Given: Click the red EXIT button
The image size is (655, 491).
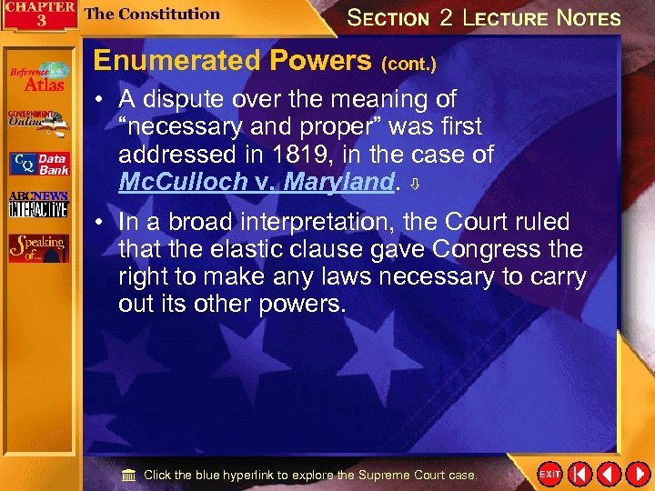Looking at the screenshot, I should coord(549,475).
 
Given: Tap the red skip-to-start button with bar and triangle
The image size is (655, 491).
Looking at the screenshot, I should coord(579,475).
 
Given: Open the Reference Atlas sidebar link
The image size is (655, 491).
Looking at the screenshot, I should coord(38,78).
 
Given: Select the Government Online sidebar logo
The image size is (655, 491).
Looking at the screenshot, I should coord(38,121).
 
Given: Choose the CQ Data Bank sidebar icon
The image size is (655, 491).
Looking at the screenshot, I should coord(38,164).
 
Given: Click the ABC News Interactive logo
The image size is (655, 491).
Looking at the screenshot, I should coord(38,205).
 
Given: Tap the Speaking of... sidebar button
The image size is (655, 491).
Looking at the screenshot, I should coord(38,248).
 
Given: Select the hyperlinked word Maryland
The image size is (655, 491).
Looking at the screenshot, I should coord(338,182).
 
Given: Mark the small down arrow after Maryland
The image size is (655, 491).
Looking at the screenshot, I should coord(415,184).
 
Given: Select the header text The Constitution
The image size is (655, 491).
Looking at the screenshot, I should coord(152,14).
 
